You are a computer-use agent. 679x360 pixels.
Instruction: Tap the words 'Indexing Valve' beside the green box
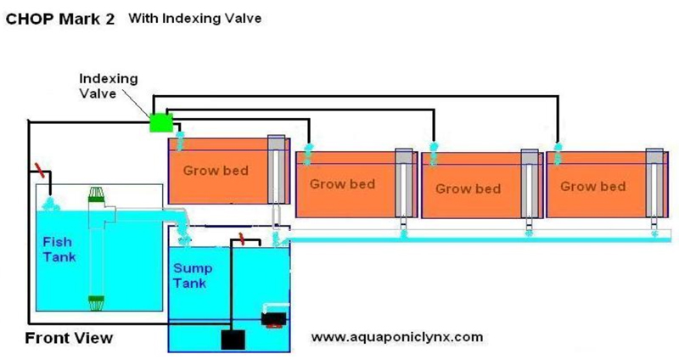[109, 85]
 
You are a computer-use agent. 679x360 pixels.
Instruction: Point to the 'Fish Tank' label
[57, 249]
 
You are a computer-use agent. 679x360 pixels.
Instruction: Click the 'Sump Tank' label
[193, 274]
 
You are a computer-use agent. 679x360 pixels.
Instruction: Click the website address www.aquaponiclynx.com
[397, 336]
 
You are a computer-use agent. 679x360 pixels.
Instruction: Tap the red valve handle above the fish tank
[36, 167]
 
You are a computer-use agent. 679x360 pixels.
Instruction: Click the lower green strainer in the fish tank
[96, 299]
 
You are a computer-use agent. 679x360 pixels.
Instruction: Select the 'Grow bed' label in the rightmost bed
[593, 186]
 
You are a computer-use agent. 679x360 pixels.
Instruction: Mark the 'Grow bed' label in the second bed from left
[342, 183]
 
